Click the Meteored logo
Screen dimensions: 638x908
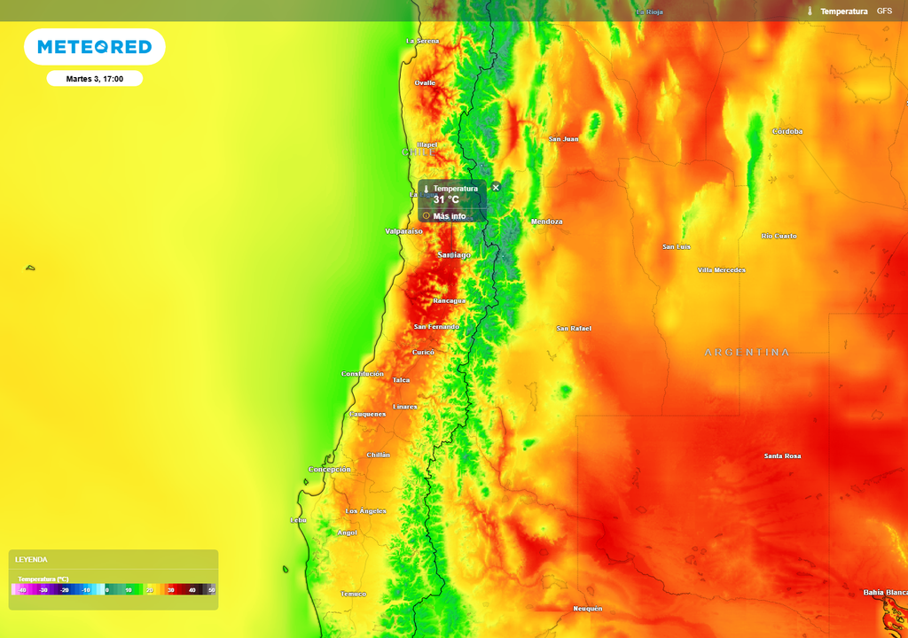(94, 47)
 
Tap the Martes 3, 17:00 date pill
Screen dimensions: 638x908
(94, 79)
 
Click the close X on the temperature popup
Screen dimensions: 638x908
(496, 187)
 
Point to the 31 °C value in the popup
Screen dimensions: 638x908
(446, 200)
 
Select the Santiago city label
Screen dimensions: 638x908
(454, 255)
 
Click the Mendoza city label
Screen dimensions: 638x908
(546, 222)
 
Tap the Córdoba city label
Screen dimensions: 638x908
(787, 131)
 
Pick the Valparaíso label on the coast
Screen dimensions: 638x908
(403, 231)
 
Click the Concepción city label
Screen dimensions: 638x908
(330, 469)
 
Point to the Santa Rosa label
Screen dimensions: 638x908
(782, 456)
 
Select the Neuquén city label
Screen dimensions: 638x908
(588, 609)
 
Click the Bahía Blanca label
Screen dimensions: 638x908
(885, 592)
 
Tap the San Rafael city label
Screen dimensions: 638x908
(574, 329)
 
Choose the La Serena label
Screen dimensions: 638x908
(423, 41)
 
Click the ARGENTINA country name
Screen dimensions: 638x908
(747, 353)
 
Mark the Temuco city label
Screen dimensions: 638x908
(353, 594)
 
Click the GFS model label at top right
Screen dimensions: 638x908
(884, 11)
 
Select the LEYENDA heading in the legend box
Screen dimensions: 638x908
(31, 560)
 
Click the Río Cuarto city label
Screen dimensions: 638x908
(779, 236)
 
